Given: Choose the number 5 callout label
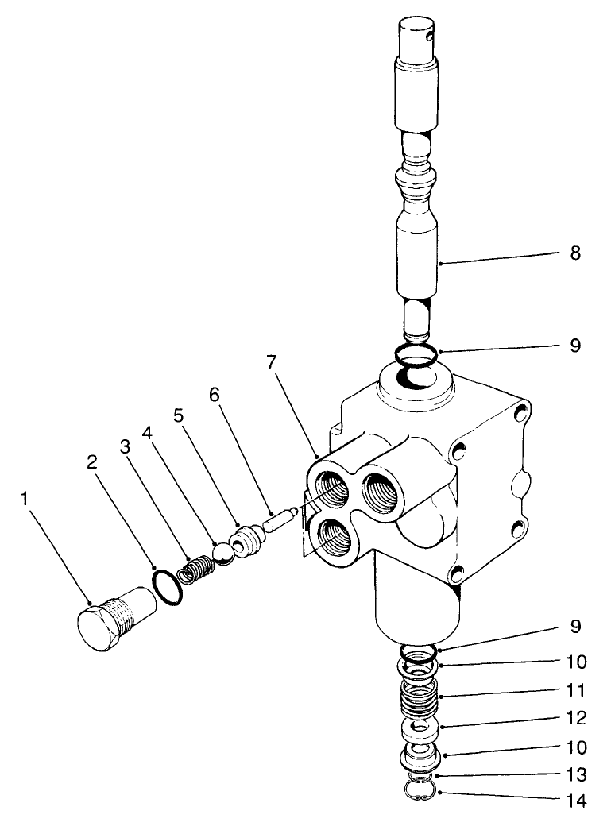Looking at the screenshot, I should [x=178, y=415].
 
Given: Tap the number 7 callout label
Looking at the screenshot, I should [x=272, y=362].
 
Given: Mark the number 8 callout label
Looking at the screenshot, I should [x=575, y=254].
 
